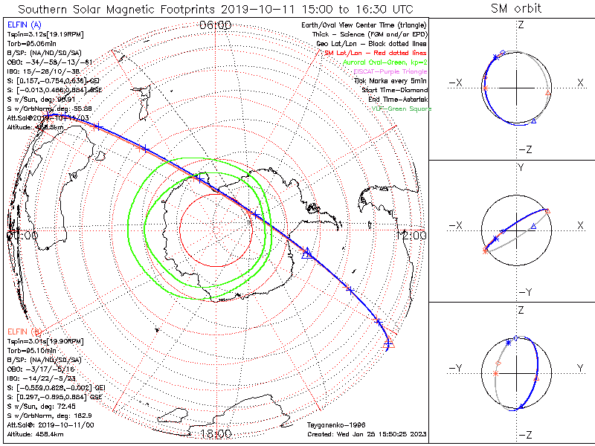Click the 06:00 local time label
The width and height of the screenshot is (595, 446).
tap(216, 25)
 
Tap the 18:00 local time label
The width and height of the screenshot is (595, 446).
tap(216, 433)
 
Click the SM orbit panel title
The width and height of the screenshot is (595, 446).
tap(516, 9)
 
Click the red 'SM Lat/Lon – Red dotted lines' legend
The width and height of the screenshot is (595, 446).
tap(377, 53)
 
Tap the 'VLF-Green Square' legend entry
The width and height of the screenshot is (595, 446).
tap(402, 109)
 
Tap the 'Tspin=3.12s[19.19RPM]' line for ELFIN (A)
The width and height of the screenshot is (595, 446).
tap(44, 34)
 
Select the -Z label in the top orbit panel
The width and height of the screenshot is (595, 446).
tap(524, 149)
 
